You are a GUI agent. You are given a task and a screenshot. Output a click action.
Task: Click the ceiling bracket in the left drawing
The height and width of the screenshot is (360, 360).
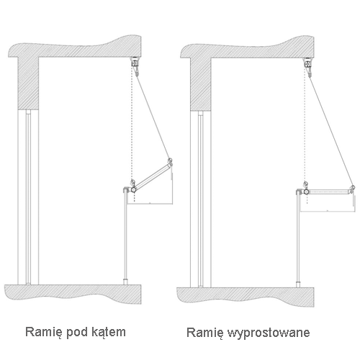point(135,63)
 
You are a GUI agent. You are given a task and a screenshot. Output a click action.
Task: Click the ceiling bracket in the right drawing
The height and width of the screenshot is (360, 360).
point(307,63)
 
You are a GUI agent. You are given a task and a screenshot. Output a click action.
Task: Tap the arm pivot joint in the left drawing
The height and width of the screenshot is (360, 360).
point(132,189)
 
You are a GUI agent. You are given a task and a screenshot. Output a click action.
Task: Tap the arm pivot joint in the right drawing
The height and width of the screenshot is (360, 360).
point(306,192)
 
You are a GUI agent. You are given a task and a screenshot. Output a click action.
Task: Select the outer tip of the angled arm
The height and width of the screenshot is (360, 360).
point(170,161)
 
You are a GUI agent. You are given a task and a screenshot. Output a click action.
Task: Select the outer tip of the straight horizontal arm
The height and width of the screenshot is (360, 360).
point(352,188)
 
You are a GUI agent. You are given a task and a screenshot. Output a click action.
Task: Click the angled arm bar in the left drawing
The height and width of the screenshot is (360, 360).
point(152,176)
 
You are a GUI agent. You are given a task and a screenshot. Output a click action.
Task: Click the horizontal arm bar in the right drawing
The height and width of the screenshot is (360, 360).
point(329,192)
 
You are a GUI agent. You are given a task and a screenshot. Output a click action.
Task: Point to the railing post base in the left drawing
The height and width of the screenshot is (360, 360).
point(125,282)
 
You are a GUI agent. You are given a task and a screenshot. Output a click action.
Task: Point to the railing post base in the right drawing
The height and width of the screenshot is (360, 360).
point(298,284)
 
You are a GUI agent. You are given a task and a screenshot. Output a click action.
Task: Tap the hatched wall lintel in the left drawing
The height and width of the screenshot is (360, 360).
point(28,83)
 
